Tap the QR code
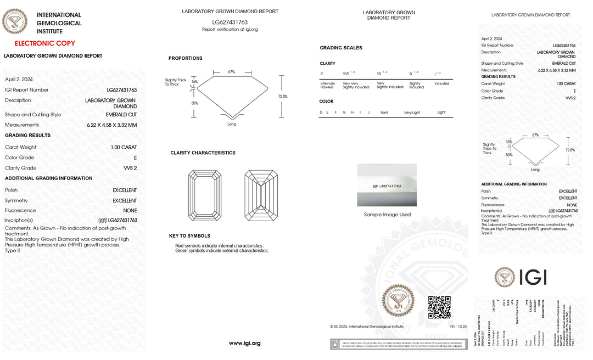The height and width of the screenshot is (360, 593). pyautogui.click(x=439, y=307)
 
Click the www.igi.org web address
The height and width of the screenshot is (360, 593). pyautogui.click(x=244, y=344)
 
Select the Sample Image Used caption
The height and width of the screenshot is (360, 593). pyautogui.click(x=387, y=215)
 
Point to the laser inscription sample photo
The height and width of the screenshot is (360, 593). pyautogui.click(x=387, y=185)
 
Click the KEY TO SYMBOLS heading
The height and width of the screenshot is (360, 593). pyautogui.click(x=189, y=236)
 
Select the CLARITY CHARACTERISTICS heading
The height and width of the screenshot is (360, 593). pyautogui.click(x=203, y=153)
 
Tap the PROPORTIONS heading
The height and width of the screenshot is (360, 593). pyautogui.click(x=185, y=58)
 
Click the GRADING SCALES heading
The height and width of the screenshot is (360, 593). pyautogui.click(x=341, y=48)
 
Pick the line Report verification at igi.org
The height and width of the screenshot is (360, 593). pyautogui.click(x=230, y=29)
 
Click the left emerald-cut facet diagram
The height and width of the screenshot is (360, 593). pyautogui.click(x=204, y=195)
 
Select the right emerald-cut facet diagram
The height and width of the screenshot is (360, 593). pyautogui.click(x=261, y=195)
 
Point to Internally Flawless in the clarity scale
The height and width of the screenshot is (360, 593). pyautogui.click(x=327, y=85)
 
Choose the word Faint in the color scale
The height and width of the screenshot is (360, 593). pyautogui.click(x=384, y=113)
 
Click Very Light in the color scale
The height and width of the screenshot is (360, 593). pyautogui.click(x=412, y=113)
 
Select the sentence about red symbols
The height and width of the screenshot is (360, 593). pyautogui.click(x=219, y=245)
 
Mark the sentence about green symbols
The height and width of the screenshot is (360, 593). pyautogui.click(x=222, y=251)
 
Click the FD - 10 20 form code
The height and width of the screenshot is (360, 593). pyautogui.click(x=458, y=327)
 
